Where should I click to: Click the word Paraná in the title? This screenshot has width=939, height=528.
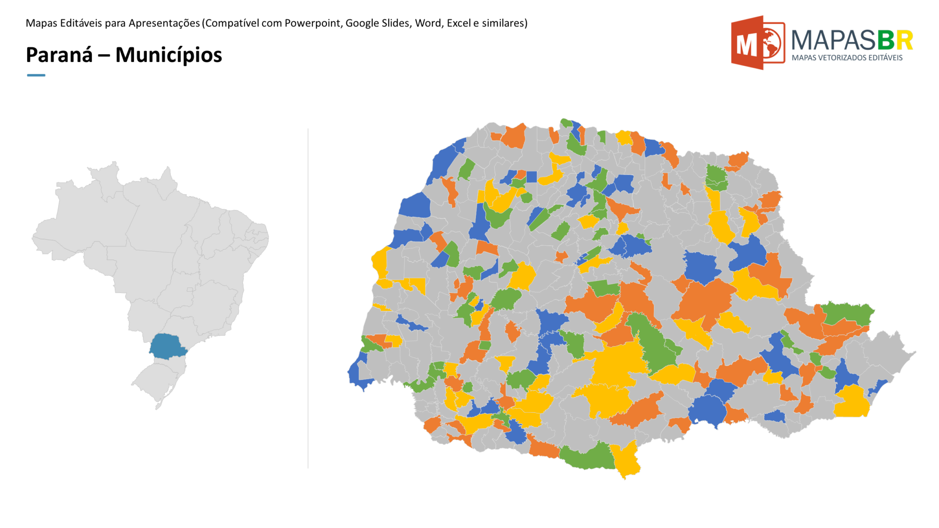point(59,55)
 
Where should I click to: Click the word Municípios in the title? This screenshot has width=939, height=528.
point(168,55)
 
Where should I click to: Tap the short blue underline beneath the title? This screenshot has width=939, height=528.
point(36,75)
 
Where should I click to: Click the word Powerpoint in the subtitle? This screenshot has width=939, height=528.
point(313,23)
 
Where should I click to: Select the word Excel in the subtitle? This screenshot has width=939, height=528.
point(458,23)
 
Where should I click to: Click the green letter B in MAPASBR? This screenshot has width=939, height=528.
point(885,40)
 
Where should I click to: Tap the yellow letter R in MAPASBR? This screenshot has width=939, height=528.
point(904,40)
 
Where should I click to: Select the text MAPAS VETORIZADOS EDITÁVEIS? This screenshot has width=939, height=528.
point(847,58)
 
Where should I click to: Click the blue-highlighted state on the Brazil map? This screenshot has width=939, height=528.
point(167,346)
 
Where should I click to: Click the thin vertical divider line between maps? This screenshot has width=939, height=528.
point(308,298)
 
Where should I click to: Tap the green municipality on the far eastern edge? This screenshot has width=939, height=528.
point(848,314)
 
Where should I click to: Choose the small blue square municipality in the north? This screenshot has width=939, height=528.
point(531,177)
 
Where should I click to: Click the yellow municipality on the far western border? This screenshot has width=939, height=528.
point(380,264)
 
